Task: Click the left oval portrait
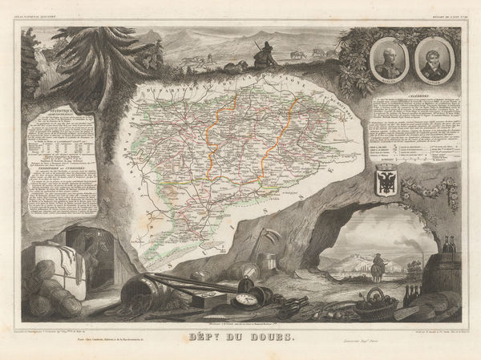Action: pyautogui.click(x=388, y=59)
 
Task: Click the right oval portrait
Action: pyautogui.click(x=432, y=59)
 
